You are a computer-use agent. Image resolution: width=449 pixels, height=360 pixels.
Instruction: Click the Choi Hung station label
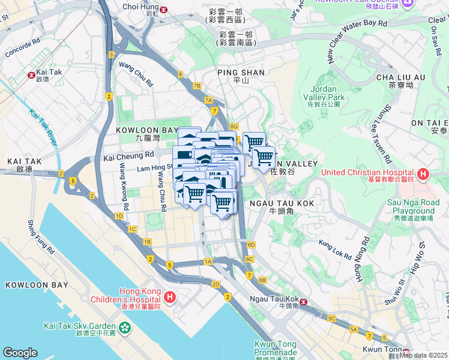[x=139, y=7]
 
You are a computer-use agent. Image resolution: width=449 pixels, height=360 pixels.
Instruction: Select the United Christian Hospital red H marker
[x=423, y=175]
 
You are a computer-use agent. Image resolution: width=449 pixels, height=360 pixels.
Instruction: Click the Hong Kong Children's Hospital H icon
[x=170, y=296]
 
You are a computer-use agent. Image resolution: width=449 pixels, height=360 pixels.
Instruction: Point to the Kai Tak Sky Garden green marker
[x=124, y=328]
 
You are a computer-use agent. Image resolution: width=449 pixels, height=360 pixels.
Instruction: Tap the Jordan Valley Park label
[x=324, y=97]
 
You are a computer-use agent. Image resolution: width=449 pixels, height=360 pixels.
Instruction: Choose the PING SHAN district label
[x=241, y=73]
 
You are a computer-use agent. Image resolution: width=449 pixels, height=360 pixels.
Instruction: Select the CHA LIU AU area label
[x=400, y=77]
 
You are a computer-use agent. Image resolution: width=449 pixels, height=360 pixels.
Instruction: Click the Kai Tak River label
[x=43, y=125]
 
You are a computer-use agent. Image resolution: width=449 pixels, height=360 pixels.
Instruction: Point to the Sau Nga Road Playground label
[x=414, y=207]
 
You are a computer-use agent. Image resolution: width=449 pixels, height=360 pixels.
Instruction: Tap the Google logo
[x=20, y=353]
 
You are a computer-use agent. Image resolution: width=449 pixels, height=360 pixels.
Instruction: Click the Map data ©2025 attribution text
[x=424, y=355]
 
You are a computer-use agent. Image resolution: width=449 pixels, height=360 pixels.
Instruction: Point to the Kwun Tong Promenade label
[x=276, y=349]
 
